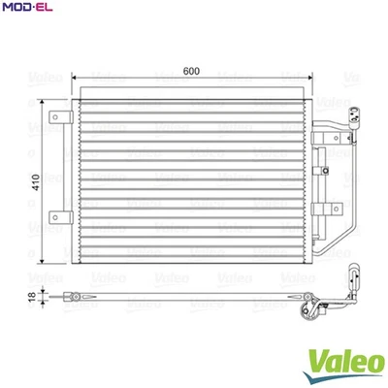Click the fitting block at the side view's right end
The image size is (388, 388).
click(312, 311)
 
